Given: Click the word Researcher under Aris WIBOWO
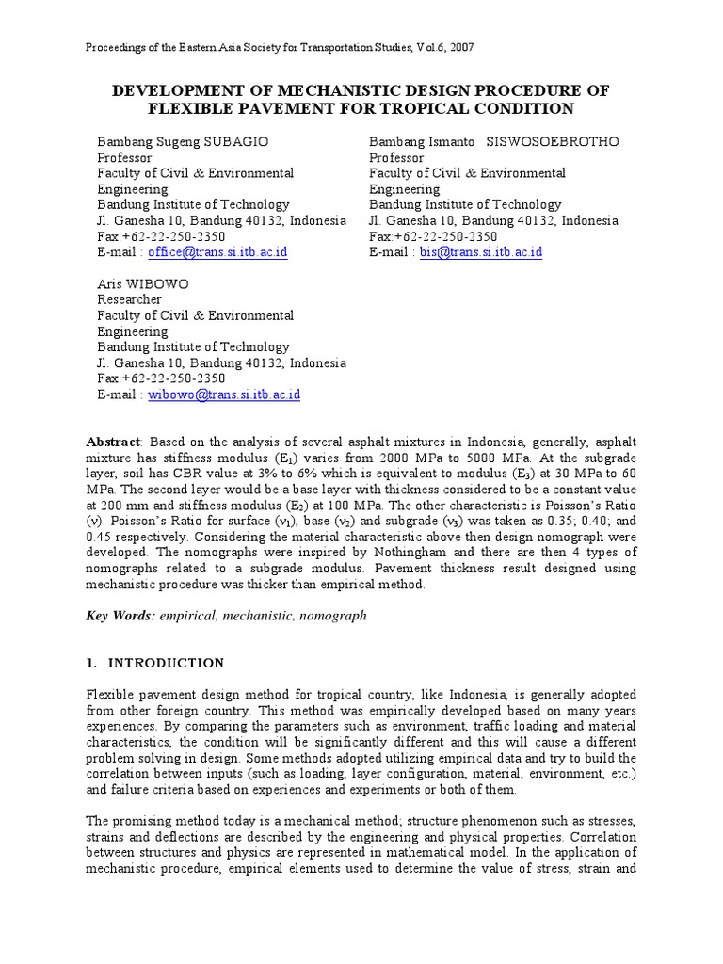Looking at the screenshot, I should pos(130,299).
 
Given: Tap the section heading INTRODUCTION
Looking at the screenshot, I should pos(166,663).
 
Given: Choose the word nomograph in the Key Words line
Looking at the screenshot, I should pos(334,616).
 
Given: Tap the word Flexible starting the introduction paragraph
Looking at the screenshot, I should pos(110,695).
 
